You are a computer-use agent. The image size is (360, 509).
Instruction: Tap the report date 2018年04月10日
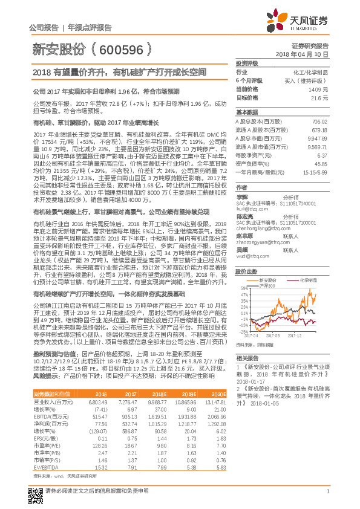pos(310,54)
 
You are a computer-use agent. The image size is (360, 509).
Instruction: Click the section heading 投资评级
pos(247,63)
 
